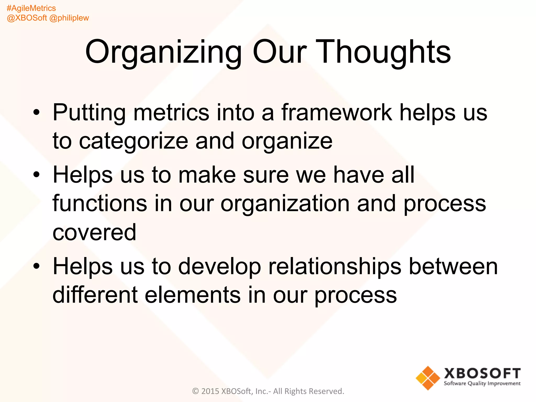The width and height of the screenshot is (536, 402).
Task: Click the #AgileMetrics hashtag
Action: [x=31, y=8]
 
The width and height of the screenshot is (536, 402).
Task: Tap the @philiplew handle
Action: [x=69, y=18]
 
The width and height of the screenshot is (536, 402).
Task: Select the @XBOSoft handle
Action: [x=27, y=18]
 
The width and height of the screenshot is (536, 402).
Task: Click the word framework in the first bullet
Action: [x=337, y=113]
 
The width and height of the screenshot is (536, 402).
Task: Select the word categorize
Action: [x=133, y=141]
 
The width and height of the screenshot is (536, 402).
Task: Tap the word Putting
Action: [x=89, y=113]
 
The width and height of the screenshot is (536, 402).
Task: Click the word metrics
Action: [x=171, y=113]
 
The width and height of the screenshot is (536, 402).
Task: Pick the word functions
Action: [x=100, y=204]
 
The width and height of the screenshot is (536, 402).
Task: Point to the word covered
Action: [x=94, y=232]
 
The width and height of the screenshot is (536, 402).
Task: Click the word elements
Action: [x=193, y=295]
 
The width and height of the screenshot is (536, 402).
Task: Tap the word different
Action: [x=95, y=295]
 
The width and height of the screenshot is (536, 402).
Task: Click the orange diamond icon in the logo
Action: [x=428, y=378]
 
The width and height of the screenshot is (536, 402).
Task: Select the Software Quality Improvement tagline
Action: [x=482, y=383]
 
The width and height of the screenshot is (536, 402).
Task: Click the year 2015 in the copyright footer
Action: [x=210, y=391]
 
